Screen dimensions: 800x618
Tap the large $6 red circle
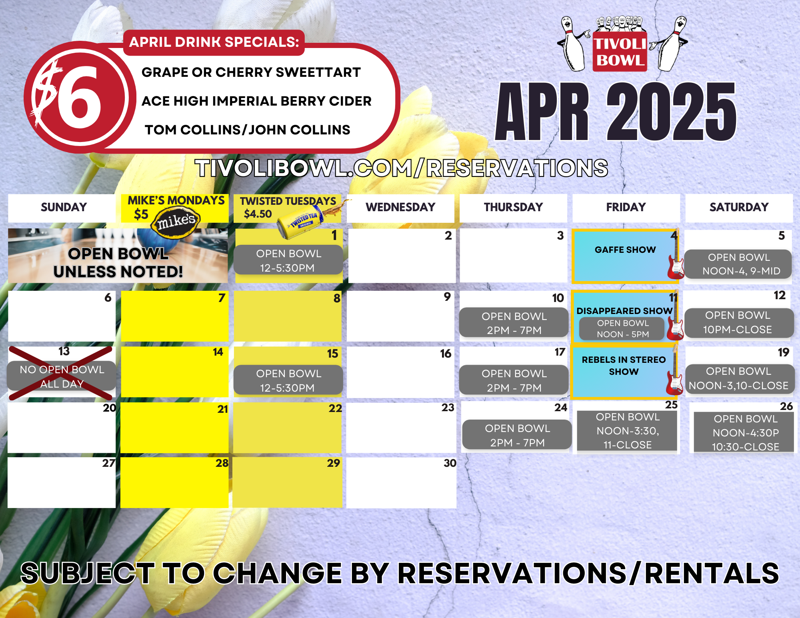click(80, 97)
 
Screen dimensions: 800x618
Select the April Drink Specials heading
click(214, 42)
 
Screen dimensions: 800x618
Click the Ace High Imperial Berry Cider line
click(256, 101)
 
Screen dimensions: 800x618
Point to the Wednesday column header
click(400, 207)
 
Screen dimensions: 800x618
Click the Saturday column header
click(739, 207)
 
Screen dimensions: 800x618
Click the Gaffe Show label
click(625, 250)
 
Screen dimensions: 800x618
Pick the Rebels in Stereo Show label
click(624, 366)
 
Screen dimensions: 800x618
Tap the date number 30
click(450, 463)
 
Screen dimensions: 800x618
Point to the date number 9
click(447, 297)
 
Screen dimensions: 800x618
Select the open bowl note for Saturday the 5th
click(738, 264)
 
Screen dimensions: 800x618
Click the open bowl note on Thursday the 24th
click(517, 435)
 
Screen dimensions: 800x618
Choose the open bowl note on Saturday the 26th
click(746, 432)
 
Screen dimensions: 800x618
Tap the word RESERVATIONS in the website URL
click(517, 168)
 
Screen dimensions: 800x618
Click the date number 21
click(223, 409)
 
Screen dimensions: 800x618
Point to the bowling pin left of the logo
click(573, 44)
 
